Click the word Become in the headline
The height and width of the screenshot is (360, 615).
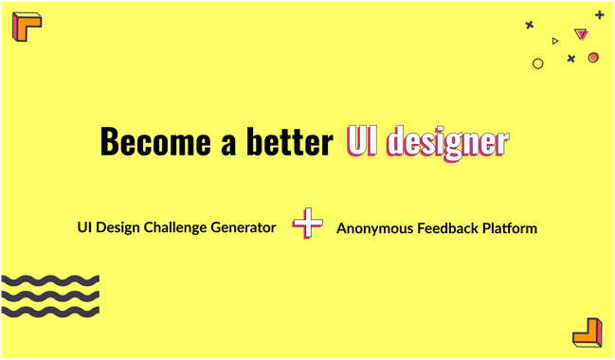[x=143, y=142]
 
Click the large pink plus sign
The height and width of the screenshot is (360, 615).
[x=307, y=224]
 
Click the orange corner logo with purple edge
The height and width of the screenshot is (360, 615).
[x=27, y=26]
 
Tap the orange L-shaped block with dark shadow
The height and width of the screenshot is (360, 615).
[x=588, y=332]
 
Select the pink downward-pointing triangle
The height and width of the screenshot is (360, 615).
[x=581, y=35]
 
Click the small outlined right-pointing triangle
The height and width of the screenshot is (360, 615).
[x=555, y=41]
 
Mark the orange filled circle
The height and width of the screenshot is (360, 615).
[x=593, y=58]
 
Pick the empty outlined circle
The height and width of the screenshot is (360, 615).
[x=538, y=63]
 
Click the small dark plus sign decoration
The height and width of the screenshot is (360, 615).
[x=599, y=15]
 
